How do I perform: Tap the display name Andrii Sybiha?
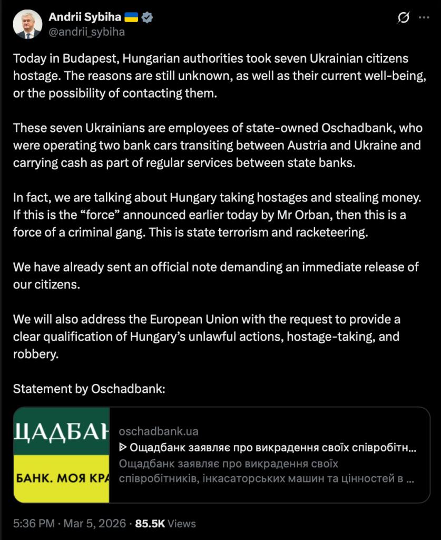click(85, 17)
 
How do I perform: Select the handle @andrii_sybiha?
click(86, 32)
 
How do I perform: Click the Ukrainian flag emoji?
click(131, 17)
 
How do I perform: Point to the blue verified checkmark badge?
click(148, 17)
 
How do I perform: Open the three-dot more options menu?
click(424, 18)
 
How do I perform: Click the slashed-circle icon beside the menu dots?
click(403, 18)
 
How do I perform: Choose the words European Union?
click(188, 320)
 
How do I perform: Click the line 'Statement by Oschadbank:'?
click(89, 389)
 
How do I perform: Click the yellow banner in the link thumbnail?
click(61, 479)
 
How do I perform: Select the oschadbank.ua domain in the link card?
click(159, 431)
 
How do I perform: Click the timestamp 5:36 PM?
click(34, 524)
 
